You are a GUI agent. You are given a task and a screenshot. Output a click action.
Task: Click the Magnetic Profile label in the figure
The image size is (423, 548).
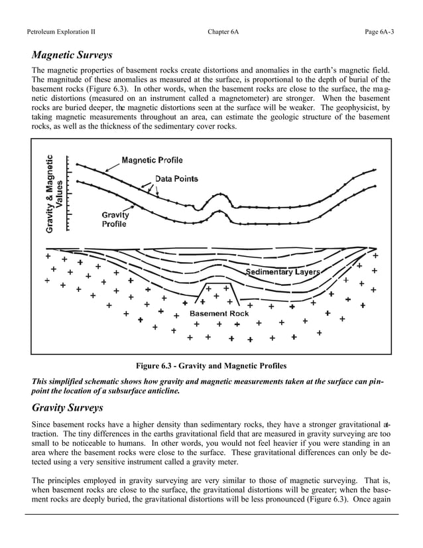click(152, 160)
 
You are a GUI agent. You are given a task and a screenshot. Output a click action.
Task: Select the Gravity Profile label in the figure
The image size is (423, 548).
click(115, 219)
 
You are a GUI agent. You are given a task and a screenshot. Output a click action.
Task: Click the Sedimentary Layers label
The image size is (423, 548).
click(283, 272)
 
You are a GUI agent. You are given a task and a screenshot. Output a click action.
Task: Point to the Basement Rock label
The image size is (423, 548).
click(219, 312)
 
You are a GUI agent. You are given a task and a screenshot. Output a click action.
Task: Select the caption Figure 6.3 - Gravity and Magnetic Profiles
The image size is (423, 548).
click(211, 366)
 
